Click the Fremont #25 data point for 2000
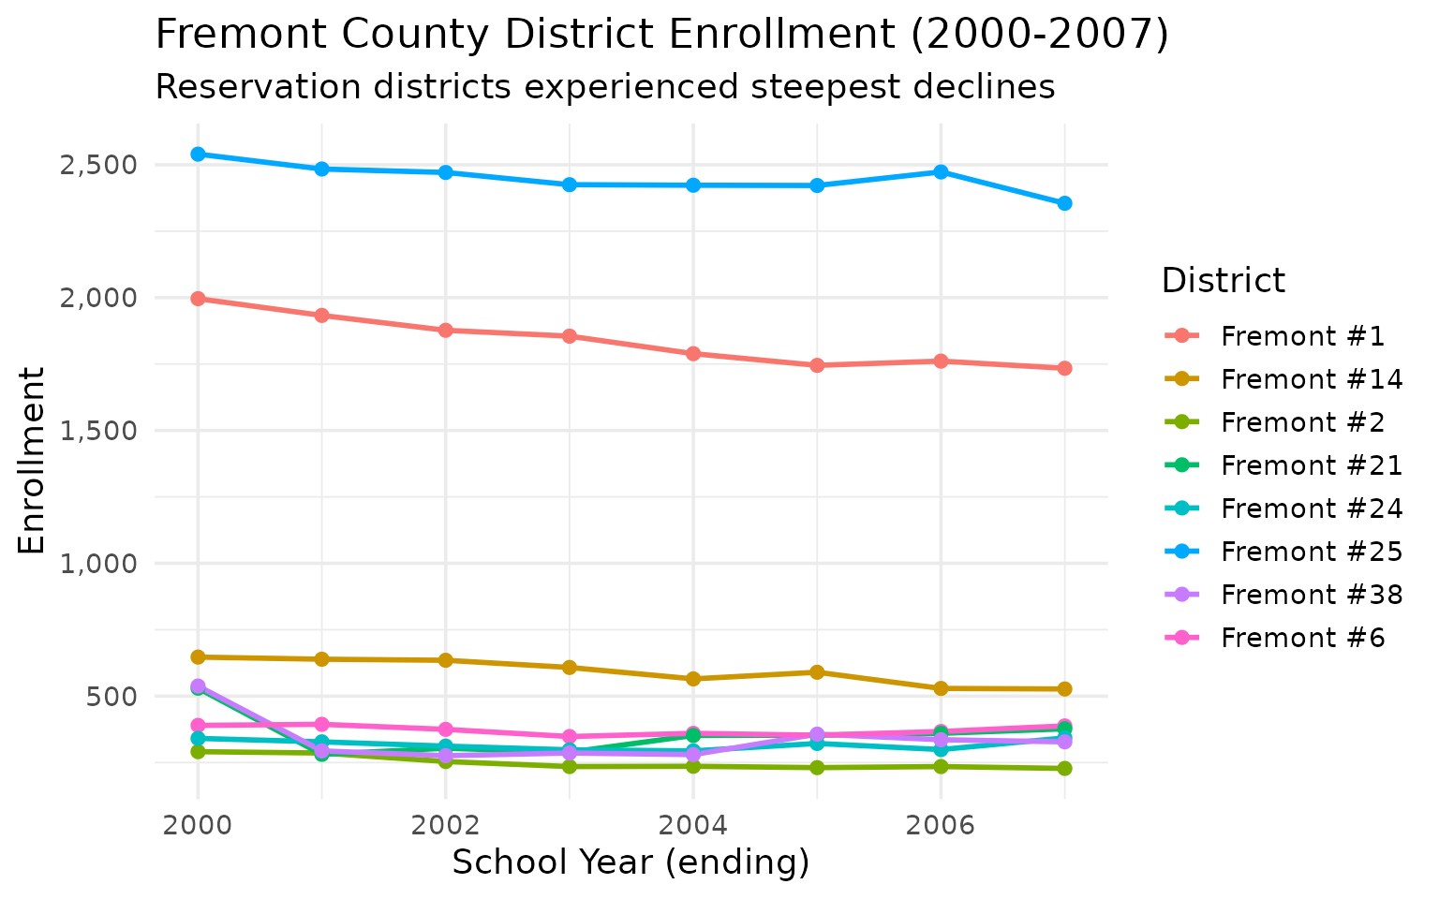point(198,154)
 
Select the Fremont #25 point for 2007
point(1064,203)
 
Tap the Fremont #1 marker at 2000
point(198,299)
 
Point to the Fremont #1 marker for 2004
point(693,353)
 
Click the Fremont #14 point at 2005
point(817,672)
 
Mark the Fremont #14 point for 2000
point(198,656)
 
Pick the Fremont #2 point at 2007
point(1064,768)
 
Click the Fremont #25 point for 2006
point(941,172)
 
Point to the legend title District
point(1223,280)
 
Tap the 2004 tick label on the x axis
point(693,826)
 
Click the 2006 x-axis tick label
point(941,826)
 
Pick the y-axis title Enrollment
point(32,459)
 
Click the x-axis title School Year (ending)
point(630,862)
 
